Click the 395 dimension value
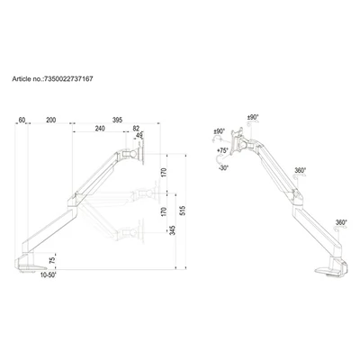(117, 118)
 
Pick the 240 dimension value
(100, 129)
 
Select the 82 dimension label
(136, 129)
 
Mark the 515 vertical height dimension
(183, 211)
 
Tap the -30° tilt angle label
(222, 167)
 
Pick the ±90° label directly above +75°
(219, 132)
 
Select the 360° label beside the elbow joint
(300, 169)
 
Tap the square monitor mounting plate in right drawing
(239, 142)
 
